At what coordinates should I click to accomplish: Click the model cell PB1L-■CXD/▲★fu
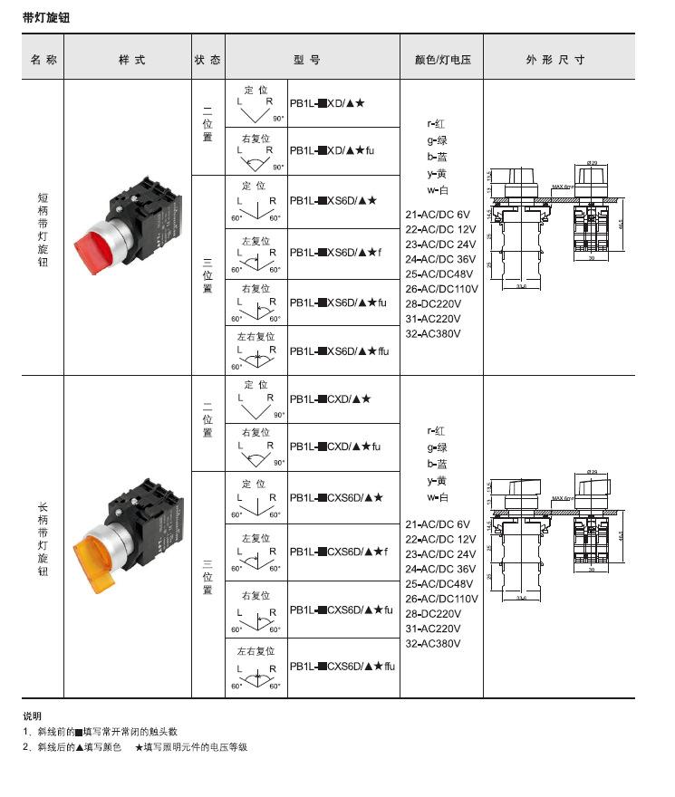click(x=335, y=447)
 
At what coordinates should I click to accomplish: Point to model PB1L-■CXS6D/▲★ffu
click(x=343, y=667)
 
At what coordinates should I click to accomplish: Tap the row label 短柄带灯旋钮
click(x=43, y=228)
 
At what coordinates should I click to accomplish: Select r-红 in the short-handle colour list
click(x=437, y=124)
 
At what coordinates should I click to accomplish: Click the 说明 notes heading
click(x=32, y=715)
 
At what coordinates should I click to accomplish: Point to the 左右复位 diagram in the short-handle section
click(x=256, y=350)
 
